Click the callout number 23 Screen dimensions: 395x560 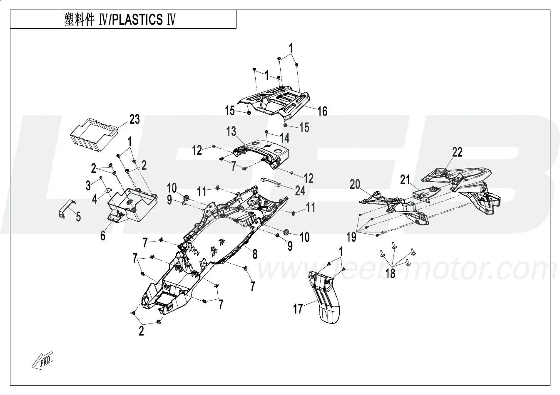point(134,119)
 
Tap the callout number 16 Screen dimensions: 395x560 point(322,111)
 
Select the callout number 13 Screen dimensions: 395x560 point(231,132)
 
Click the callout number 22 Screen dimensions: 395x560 point(457,152)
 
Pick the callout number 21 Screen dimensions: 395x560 point(406,180)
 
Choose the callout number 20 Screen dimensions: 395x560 point(355,184)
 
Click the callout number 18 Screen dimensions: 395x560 point(390,274)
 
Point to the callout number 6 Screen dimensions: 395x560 point(103,236)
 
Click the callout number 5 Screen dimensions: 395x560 point(78,216)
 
